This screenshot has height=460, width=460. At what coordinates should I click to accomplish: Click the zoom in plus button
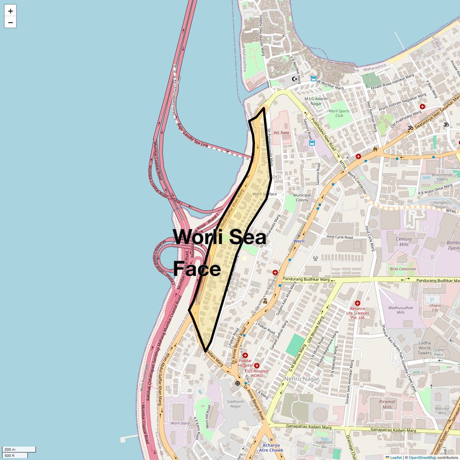pyautogui.click(x=10, y=11)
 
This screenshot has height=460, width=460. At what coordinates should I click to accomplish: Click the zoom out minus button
pyautogui.click(x=10, y=23)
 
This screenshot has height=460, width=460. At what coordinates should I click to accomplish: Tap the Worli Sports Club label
pyautogui.click(x=339, y=113)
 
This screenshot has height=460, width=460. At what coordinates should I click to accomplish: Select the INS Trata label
pyautogui.click(x=281, y=133)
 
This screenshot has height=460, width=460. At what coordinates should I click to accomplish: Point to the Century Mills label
pyautogui.click(x=404, y=242)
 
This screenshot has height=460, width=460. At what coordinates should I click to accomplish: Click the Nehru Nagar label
pyautogui.click(x=302, y=379)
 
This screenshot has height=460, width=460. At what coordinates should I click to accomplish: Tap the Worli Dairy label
pyautogui.click(x=180, y=423)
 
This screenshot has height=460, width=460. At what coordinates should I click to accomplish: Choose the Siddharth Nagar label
pyautogui.click(x=235, y=404)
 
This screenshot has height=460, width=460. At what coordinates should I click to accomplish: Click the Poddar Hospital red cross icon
pyautogui.click(x=245, y=355)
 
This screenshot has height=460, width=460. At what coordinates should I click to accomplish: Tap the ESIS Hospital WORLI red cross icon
pyautogui.click(x=257, y=366)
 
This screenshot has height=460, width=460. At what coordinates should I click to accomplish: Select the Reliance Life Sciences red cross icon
pyautogui.click(x=358, y=303)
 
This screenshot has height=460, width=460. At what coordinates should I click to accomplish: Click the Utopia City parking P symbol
pyautogui.click(x=432, y=300)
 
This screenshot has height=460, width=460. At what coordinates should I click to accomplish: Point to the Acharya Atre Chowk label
pyautogui.click(x=271, y=448)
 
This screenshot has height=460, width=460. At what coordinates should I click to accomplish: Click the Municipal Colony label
pyautogui.click(x=302, y=197)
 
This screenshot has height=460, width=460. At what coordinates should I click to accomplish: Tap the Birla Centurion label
pyautogui.click(x=403, y=269)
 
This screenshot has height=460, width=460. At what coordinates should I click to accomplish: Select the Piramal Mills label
pyautogui.click(x=387, y=404)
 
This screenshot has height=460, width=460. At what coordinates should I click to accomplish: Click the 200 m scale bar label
pyautogui.click(x=10, y=449)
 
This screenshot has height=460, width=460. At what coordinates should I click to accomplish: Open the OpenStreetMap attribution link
pyautogui.click(x=422, y=457)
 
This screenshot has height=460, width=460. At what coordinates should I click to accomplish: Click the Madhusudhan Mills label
pyautogui.click(x=401, y=310)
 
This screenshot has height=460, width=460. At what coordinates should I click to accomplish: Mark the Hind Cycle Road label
pyautogui.click(x=340, y=237)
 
